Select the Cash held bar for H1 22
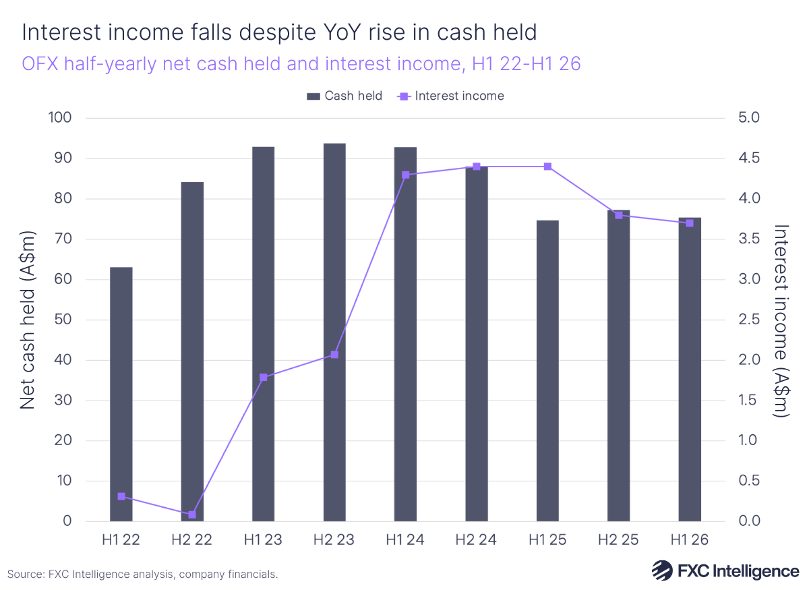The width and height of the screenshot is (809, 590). point(121,394)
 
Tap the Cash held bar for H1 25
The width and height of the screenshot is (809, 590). point(547,371)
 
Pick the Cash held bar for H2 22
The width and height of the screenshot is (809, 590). point(192,351)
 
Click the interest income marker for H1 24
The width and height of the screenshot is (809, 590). point(406,175)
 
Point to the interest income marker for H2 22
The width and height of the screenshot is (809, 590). point(192,514)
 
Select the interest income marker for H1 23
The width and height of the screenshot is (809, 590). point(264,378)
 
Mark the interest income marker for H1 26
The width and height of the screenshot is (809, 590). point(690,223)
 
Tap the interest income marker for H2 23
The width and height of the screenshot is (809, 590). point(334,355)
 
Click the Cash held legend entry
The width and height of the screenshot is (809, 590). point(344,96)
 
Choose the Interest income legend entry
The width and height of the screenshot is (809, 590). point(452,96)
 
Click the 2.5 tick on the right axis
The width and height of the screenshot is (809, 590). point(746,320)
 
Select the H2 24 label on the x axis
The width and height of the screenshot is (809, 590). point(477,540)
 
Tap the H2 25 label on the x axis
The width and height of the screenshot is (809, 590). point(619,540)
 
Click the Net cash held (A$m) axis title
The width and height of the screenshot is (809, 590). point(27,320)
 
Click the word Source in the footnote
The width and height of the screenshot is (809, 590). point(26,574)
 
